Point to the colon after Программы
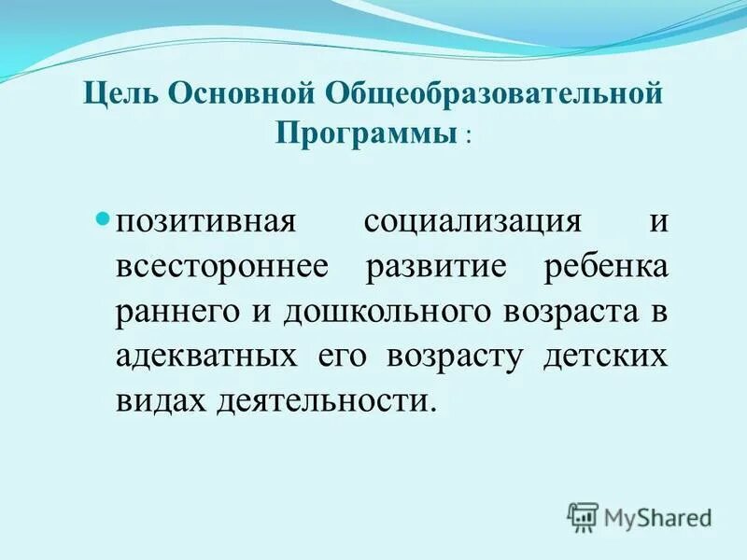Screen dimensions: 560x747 467,136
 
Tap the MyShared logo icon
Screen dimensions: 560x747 583,517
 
